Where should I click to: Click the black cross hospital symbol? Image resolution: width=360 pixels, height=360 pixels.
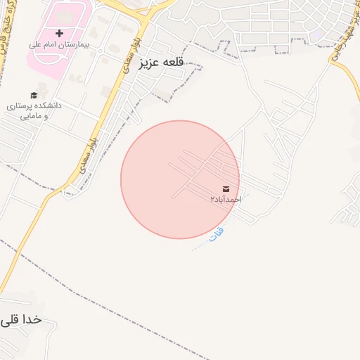[x=59, y=33]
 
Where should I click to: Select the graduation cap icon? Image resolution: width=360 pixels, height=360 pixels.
[x=34, y=95]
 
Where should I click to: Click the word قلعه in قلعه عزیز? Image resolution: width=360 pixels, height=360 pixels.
[x=171, y=62]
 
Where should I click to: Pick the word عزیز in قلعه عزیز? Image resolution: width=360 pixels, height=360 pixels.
[x=150, y=62]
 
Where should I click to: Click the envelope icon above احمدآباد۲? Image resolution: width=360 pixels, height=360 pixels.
[x=226, y=188]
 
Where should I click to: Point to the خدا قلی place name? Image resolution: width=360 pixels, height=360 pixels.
[x=22, y=319]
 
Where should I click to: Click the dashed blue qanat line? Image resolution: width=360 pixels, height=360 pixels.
[x=204, y=242]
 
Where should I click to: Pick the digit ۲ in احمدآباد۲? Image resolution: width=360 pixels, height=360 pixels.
[x=212, y=200]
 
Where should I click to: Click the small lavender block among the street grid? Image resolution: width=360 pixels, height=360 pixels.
[x=318, y=34]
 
